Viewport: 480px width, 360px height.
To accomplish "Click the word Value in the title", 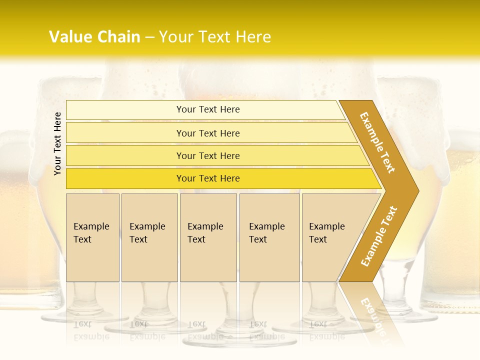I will point(70,37).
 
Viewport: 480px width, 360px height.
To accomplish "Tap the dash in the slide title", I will point(149,37).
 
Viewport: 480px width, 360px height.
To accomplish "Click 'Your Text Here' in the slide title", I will point(215,37).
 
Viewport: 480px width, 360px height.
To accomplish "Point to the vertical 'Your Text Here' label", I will point(57,143).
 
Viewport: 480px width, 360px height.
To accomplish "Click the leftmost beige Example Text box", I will point(92,237).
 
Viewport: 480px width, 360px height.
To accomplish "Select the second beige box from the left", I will point(149,237).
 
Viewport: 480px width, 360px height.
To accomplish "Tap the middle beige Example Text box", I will point(208,237).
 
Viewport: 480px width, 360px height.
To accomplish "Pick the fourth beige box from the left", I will point(269,237).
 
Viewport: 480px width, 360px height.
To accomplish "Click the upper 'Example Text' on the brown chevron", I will point(377,142).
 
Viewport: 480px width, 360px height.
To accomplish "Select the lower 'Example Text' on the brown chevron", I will point(379,236).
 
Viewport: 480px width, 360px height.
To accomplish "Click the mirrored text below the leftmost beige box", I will point(91,330).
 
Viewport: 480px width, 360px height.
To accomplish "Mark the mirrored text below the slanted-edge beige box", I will point(327,330).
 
